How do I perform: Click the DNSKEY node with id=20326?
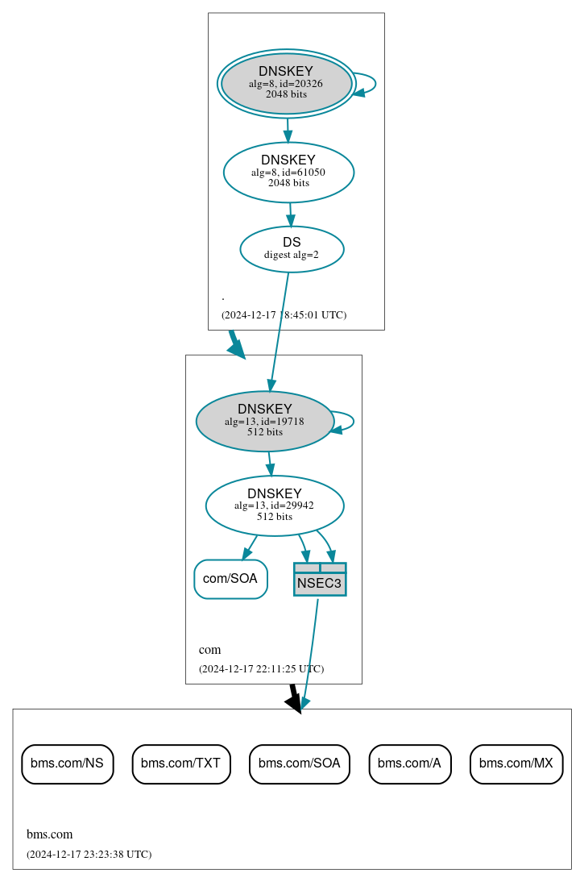pos(286,83)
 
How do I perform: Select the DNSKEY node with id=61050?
pos(288,172)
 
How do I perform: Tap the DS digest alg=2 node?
pos(292,248)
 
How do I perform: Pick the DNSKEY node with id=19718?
pos(264,421)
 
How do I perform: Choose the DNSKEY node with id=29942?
pos(274,505)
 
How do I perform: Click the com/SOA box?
pos(230,579)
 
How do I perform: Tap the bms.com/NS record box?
pos(67,763)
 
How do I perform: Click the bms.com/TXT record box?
pos(181,763)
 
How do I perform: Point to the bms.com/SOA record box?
pos(299,763)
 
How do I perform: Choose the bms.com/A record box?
pos(409,763)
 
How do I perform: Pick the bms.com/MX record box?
pos(516,763)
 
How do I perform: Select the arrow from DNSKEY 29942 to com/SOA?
pos(250,547)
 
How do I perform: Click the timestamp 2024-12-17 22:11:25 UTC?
pos(261,668)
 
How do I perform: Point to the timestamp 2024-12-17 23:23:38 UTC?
pos(89,854)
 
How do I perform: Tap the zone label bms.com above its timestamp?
pos(49,834)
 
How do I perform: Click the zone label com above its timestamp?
pos(209,650)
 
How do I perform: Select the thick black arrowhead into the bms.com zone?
pos(294,703)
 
